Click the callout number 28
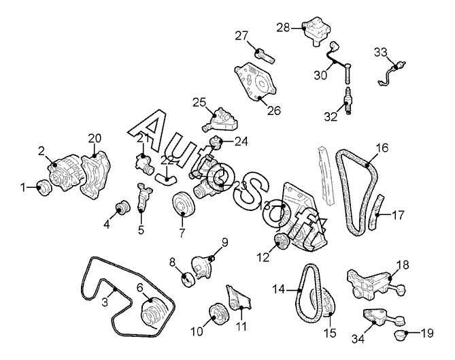pyautogui.click(x=283, y=28)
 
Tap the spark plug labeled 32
pyautogui.click(x=348, y=100)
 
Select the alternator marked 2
pyautogui.click(x=65, y=173)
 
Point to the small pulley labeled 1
pyautogui.click(x=44, y=188)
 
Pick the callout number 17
pyautogui.click(x=398, y=215)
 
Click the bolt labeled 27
pyautogui.click(x=265, y=56)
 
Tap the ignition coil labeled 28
pyautogui.click(x=316, y=31)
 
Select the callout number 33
pyautogui.click(x=380, y=52)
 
